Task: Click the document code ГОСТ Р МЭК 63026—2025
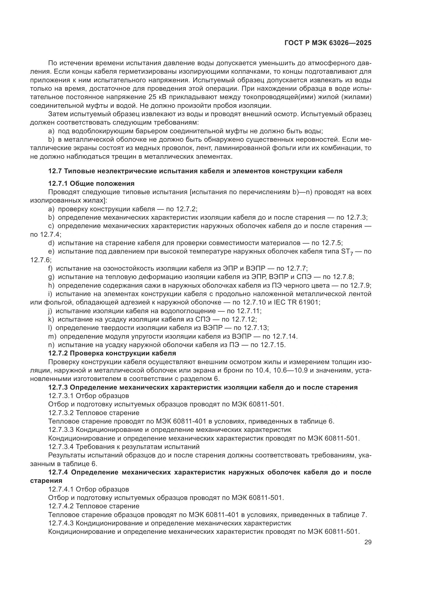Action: click(328, 43)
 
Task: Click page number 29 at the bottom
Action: click(368, 542)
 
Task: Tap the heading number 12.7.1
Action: click(58, 183)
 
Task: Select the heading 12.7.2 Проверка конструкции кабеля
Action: click(112, 353)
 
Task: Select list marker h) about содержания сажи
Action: click(51, 286)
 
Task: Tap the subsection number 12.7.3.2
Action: click(61, 413)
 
